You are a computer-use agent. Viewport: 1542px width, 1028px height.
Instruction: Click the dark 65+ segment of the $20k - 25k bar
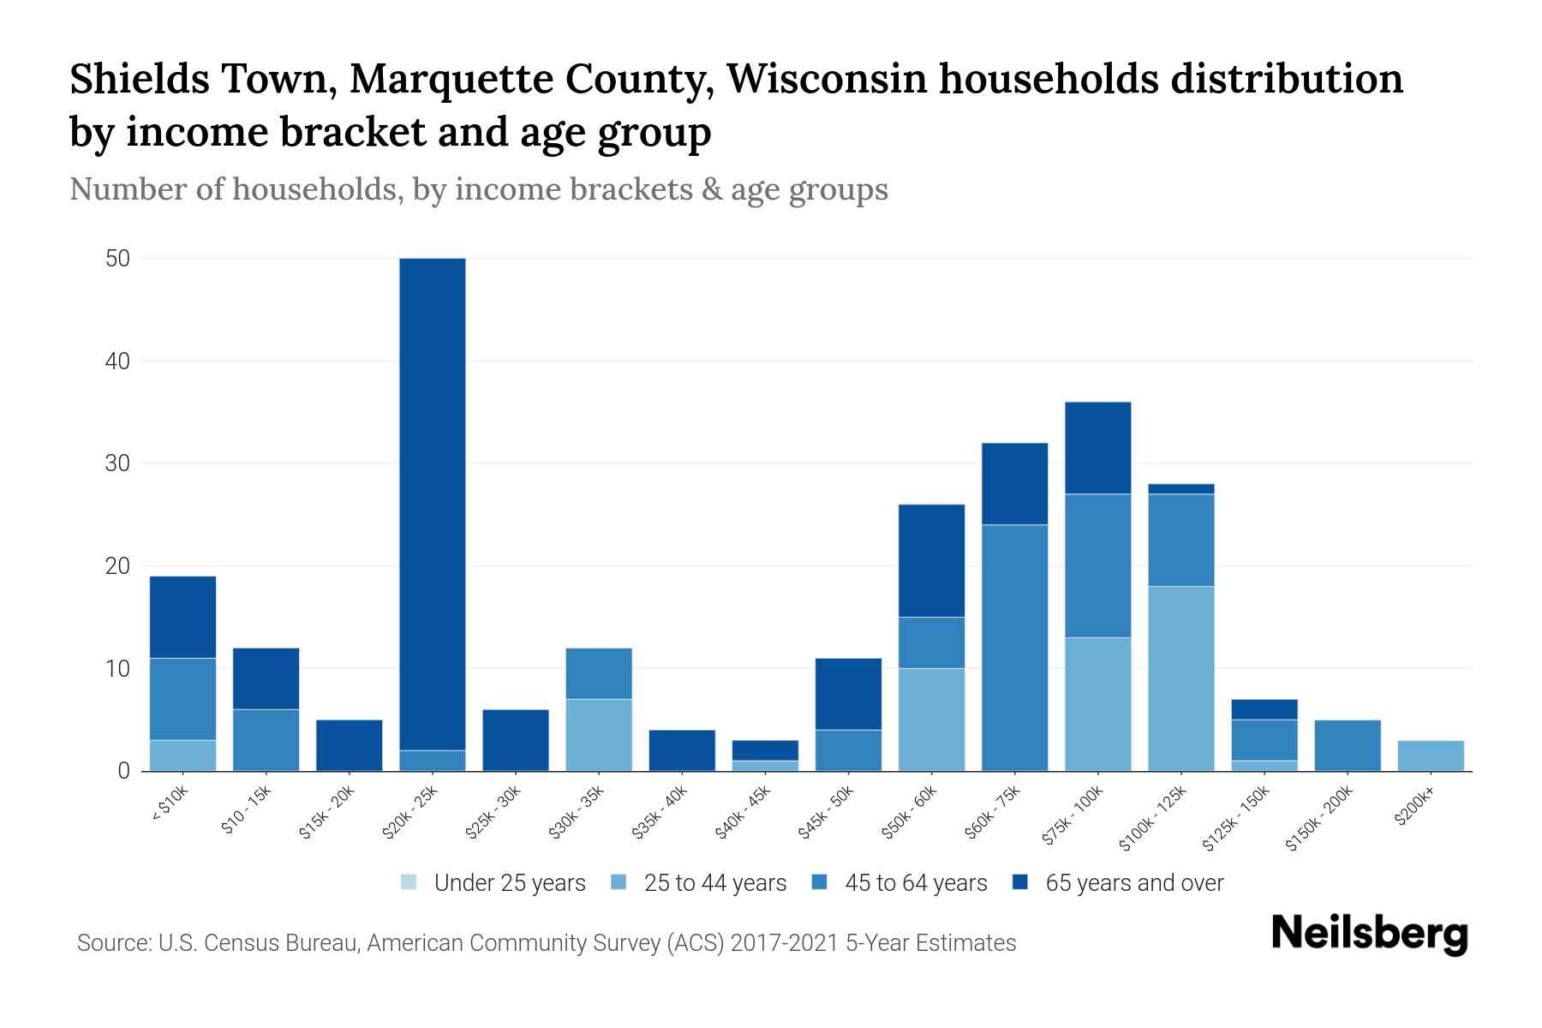click(x=433, y=504)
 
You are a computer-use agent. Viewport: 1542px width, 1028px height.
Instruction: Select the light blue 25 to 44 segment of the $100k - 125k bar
click(x=1181, y=678)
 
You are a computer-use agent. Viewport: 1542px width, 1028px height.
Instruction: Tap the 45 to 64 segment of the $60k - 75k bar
click(x=1014, y=648)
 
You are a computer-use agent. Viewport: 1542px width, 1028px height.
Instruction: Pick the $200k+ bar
click(x=1431, y=756)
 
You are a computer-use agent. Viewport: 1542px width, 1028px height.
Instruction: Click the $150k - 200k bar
click(x=1348, y=745)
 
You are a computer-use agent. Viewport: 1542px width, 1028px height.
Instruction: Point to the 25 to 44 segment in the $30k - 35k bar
click(x=599, y=735)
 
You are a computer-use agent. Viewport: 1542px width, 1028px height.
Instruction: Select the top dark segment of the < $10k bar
click(x=182, y=617)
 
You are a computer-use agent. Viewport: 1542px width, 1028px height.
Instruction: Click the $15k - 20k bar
click(x=350, y=745)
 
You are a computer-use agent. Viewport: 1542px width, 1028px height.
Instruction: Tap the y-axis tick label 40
click(x=117, y=362)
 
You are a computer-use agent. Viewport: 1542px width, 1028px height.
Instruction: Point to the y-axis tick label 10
click(x=117, y=669)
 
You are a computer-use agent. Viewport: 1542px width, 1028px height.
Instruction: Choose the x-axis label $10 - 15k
click(x=246, y=810)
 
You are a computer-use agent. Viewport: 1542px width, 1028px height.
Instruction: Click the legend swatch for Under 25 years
click(x=409, y=882)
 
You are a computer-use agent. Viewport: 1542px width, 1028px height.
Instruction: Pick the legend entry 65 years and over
click(x=1134, y=883)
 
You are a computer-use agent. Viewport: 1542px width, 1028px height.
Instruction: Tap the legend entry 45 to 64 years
click(x=915, y=883)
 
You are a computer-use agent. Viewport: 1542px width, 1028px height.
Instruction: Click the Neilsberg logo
click(x=1369, y=933)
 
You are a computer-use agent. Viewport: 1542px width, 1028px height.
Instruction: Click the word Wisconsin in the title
click(x=827, y=79)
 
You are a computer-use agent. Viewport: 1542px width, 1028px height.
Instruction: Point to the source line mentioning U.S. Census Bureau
click(x=546, y=943)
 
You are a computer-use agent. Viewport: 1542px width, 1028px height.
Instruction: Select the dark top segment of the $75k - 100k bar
click(x=1097, y=448)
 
